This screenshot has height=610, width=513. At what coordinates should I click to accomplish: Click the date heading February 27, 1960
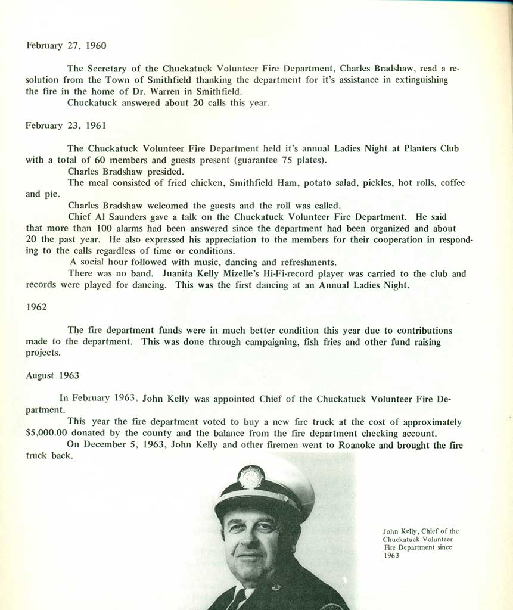point(66,45)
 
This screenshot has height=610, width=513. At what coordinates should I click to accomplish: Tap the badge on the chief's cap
point(251,477)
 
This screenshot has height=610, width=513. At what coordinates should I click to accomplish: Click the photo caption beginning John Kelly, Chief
point(421,543)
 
